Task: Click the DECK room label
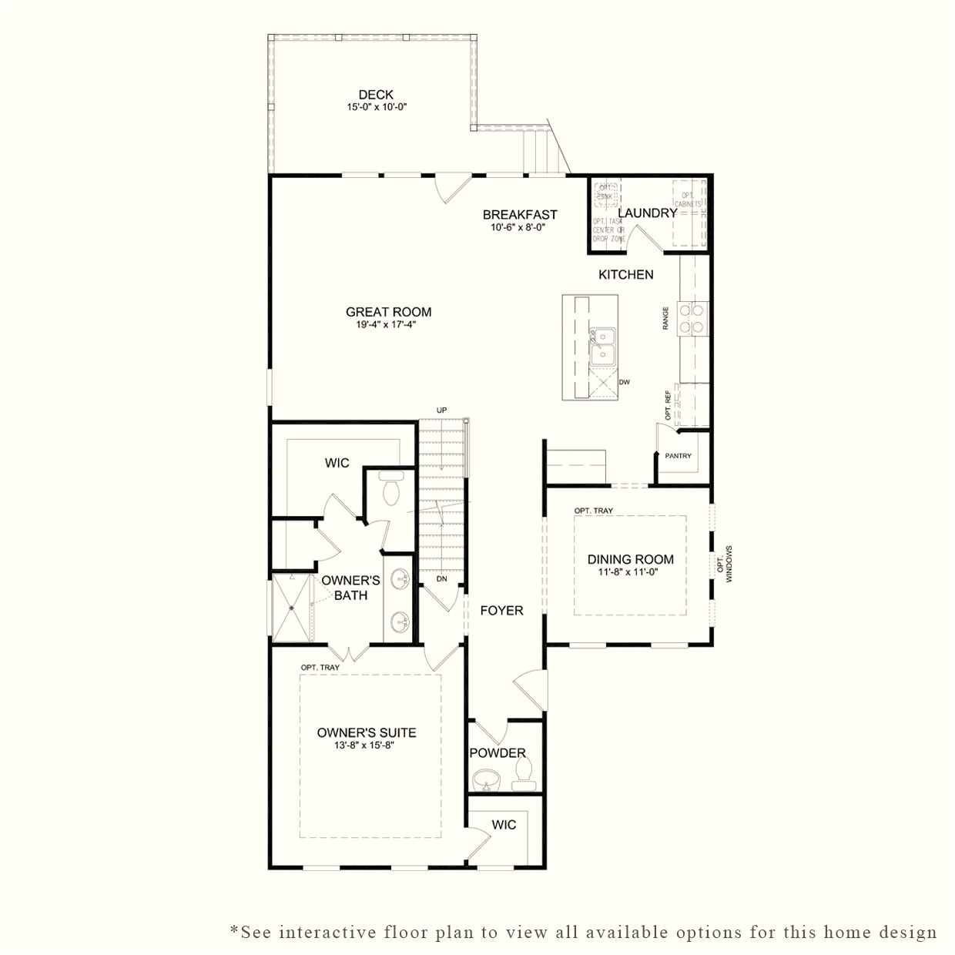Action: (x=376, y=95)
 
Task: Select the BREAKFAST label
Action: (x=520, y=215)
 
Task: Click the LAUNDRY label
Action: (x=647, y=213)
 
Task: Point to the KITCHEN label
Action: (x=626, y=274)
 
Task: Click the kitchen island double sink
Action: (x=602, y=346)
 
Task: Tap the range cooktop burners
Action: (x=692, y=319)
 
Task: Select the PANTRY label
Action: (x=678, y=456)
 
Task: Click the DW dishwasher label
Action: (x=625, y=382)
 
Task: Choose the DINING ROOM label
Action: (x=630, y=559)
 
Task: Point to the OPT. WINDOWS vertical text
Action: (x=725, y=564)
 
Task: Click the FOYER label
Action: (x=501, y=611)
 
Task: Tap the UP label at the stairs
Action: (x=441, y=410)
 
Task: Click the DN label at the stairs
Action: (x=441, y=578)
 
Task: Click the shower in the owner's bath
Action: (x=293, y=608)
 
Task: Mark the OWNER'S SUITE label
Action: (x=367, y=732)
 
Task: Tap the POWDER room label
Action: (x=498, y=752)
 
